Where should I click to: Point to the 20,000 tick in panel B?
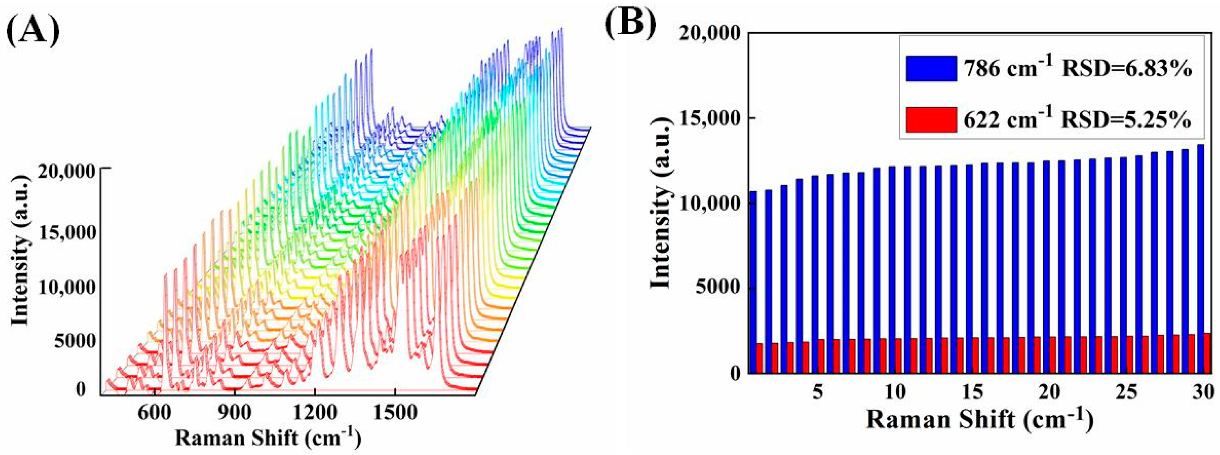click(709, 34)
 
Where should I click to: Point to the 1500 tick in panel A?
click(395, 413)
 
